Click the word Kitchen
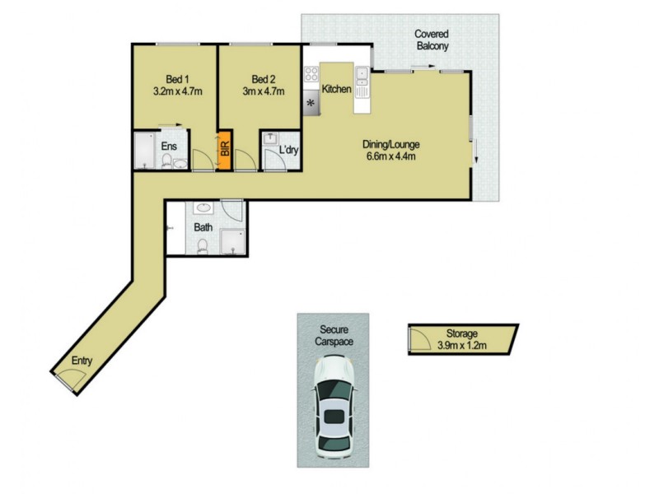[x=337, y=89]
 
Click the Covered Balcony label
[x=432, y=40]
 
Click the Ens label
[x=169, y=147]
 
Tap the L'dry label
[x=288, y=151]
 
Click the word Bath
[x=203, y=227]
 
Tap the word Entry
[x=82, y=360]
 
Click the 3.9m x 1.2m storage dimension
[x=462, y=346]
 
